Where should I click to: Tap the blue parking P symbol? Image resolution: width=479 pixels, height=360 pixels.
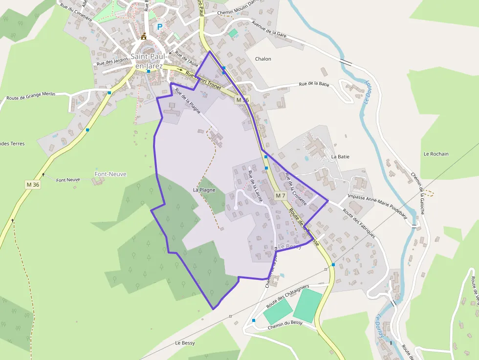click(x=159, y=27)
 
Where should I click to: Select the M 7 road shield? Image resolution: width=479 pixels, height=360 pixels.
click(x=280, y=195)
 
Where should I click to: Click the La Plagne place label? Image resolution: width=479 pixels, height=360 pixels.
click(x=204, y=190)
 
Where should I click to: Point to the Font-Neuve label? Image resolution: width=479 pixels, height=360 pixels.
click(x=110, y=174)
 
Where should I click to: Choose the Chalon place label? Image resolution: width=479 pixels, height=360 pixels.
click(x=263, y=59)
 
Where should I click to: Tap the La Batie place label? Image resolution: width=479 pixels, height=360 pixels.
click(x=341, y=157)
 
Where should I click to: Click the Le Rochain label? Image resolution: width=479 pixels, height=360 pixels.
click(x=436, y=154)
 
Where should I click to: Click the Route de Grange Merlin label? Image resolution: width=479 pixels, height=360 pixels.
click(x=31, y=96)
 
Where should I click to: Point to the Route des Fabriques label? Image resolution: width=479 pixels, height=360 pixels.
click(x=359, y=223)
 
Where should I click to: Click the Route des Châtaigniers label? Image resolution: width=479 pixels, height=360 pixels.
click(x=288, y=296)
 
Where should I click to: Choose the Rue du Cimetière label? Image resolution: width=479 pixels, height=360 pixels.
click(x=76, y=12)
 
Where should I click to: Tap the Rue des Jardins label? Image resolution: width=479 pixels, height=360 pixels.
click(x=112, y=62)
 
